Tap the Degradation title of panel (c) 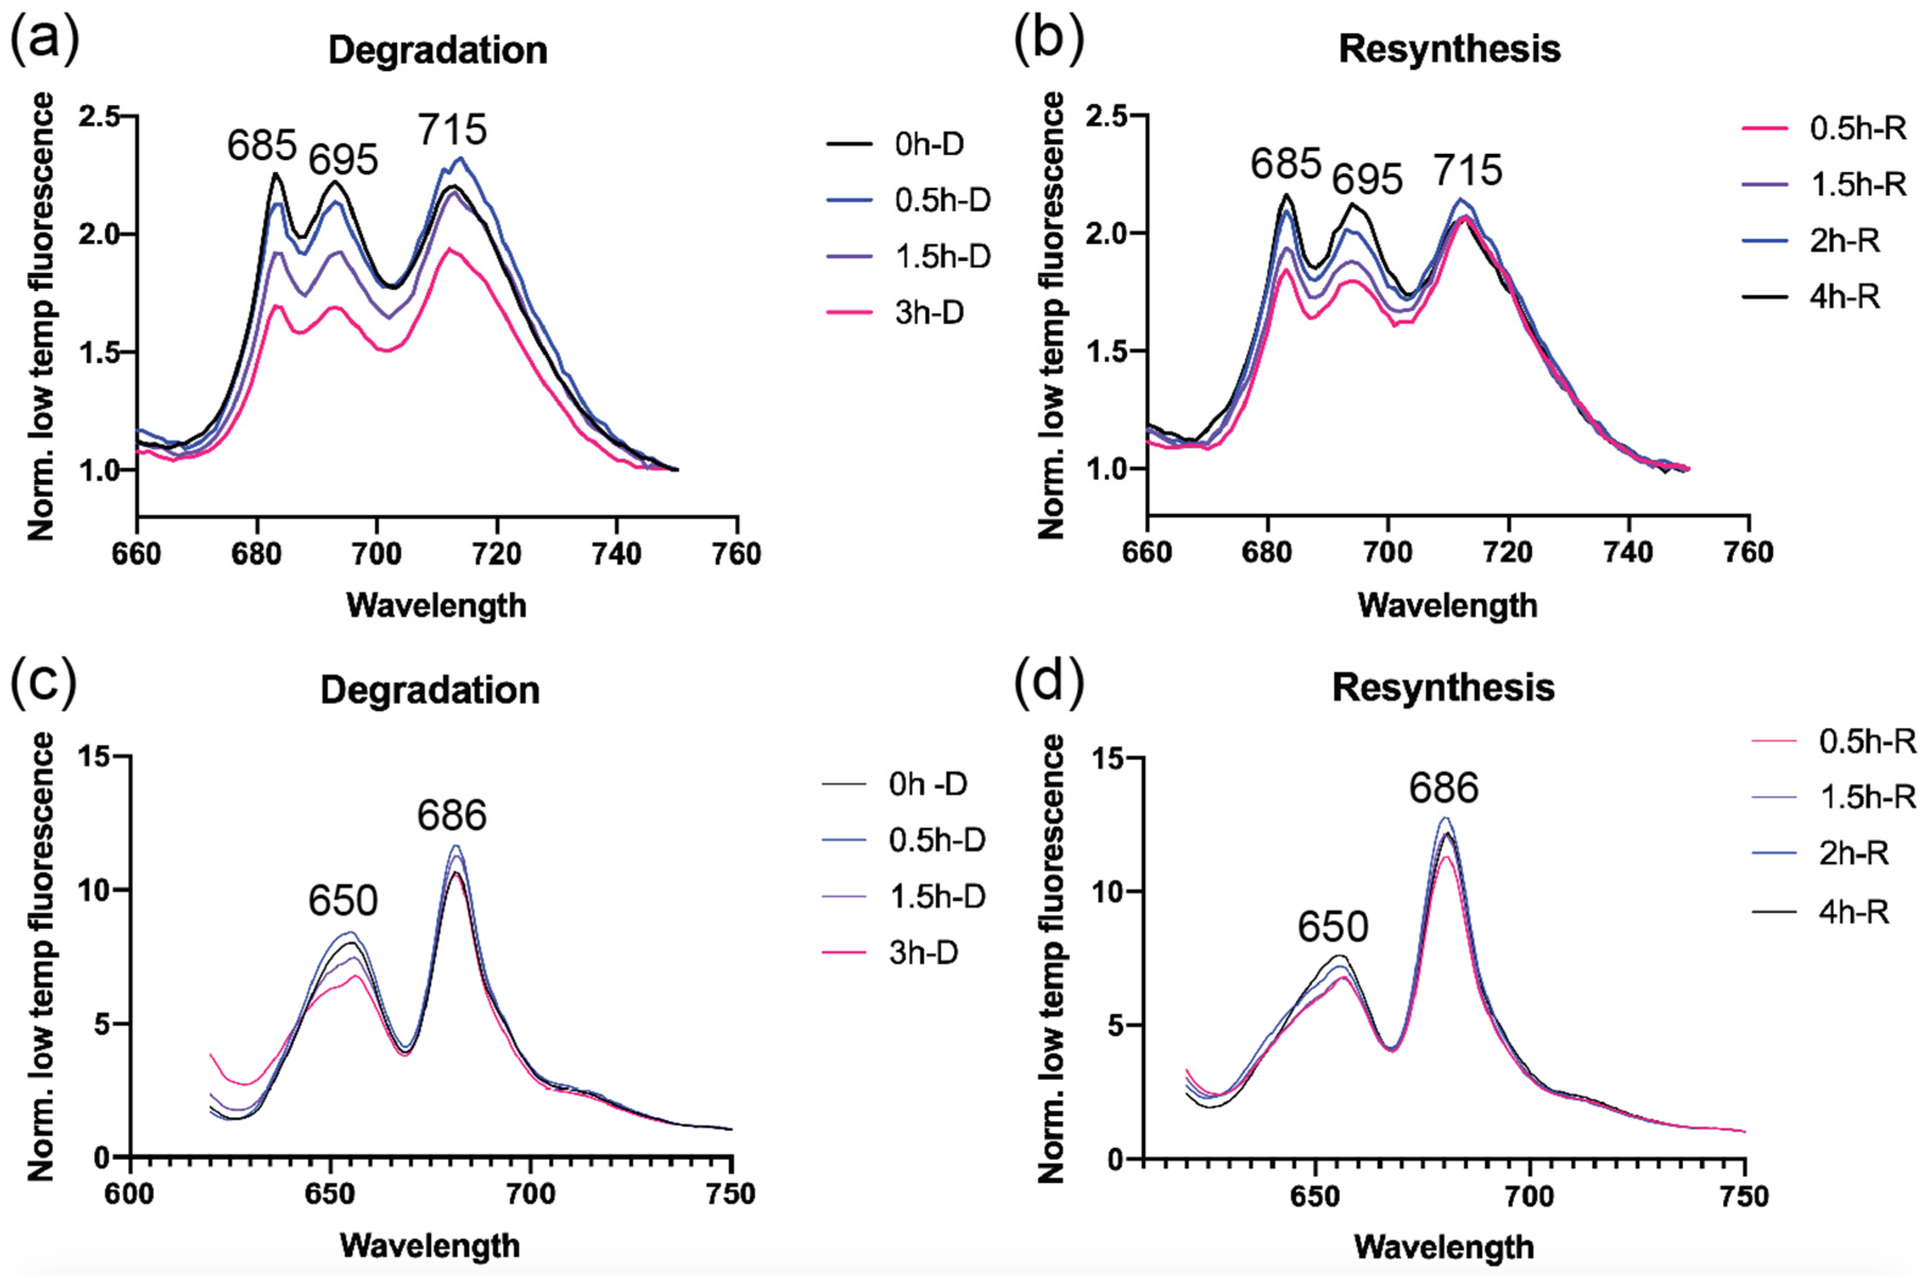pyautogui.click(x=430, y=690)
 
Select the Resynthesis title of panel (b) pyautogui.click(x=1449, y=49)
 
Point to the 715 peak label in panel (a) pyautogui.click(x=453, y=130)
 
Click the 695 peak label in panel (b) pyautogui.click(x=1367, y=178)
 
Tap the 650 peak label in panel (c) pyautogui.click(x=343, y=900)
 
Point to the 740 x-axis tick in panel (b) pyautogui.click(x=1629, y=553)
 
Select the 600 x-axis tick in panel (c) pyautogui.click(x=131, y=1194)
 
